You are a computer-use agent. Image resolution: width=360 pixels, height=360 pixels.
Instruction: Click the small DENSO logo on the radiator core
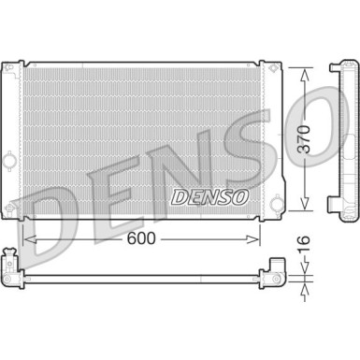point(209,197)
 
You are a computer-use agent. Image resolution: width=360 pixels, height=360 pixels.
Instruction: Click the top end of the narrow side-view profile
point(338,67)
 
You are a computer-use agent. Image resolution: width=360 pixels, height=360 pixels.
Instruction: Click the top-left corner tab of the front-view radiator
point(12,69)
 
